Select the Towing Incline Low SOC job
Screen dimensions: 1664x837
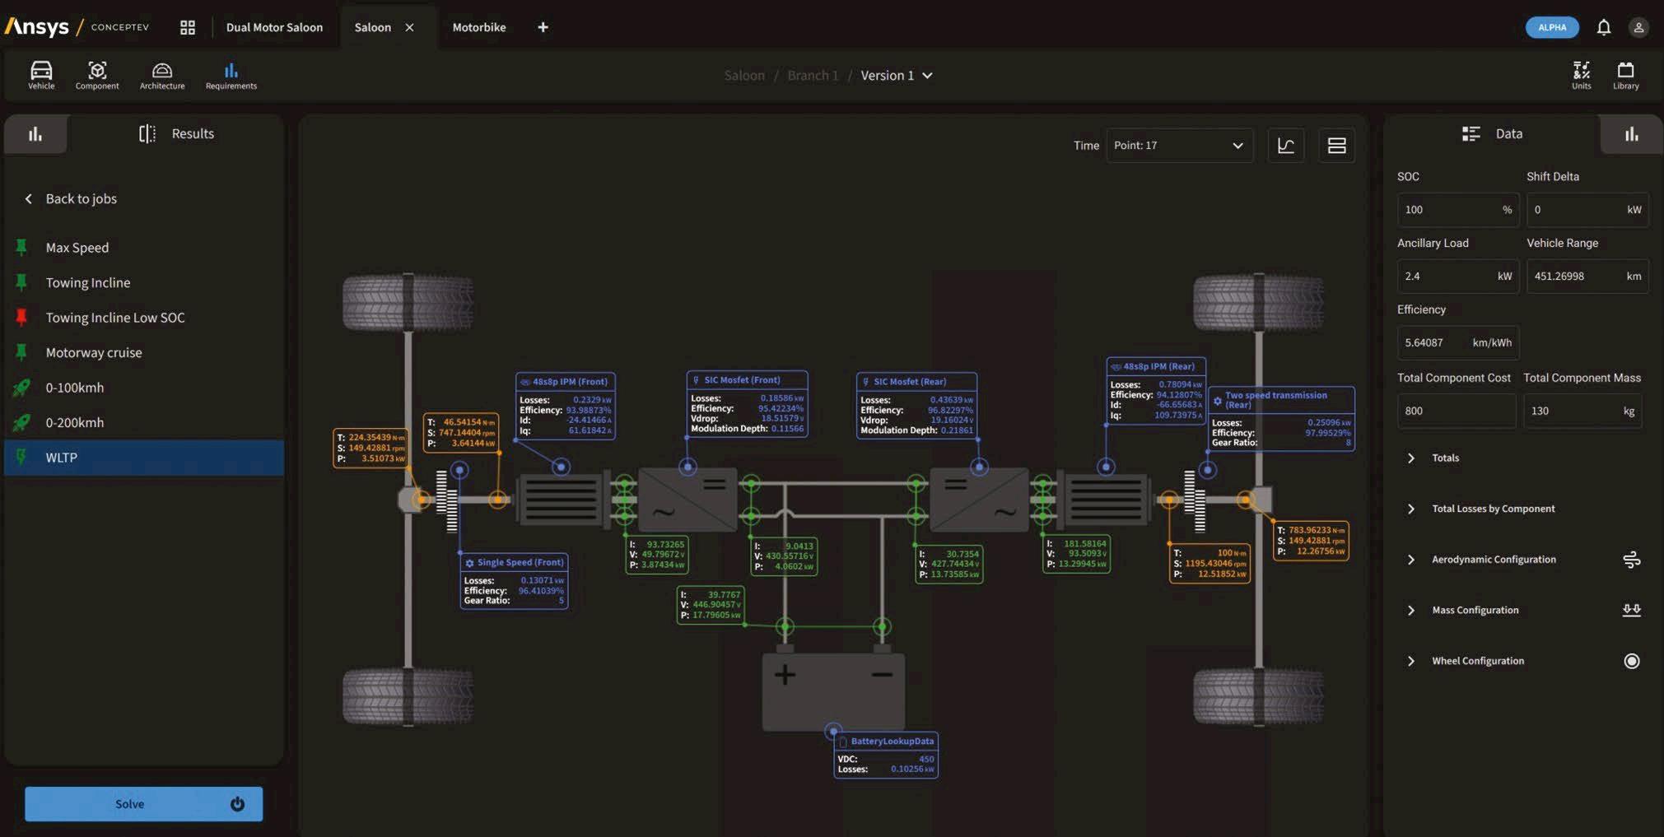pos(114,318)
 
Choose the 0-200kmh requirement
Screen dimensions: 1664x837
pos(75,422)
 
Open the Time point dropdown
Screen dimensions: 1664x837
pos(1178,146)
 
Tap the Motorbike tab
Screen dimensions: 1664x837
pos(478,27)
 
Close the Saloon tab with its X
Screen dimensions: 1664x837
pos(409,27)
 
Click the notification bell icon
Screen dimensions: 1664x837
pos(1603,27)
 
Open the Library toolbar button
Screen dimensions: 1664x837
pos(1625,75)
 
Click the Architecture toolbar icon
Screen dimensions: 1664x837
pos(162,75)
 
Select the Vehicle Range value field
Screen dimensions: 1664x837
pos(1587,277)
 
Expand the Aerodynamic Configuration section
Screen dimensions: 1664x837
pos(1493,560)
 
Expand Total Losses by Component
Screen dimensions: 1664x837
pos(1493,509)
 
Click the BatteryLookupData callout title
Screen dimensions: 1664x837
pos(892,742)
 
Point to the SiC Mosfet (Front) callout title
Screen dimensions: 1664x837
pos(741,380)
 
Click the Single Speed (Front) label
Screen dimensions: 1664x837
pos(520,563)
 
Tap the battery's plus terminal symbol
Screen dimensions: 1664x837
pos(785,675)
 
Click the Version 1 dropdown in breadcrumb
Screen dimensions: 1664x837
pos(896,76)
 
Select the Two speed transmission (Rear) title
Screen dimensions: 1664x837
pos(1275,399)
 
